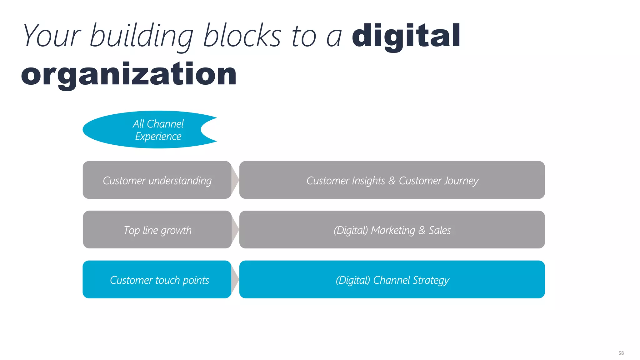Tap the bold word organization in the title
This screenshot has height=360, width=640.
(129, 74)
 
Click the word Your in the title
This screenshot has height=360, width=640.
(52, 36)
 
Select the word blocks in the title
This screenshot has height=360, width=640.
(242, 36)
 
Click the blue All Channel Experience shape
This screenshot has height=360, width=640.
(147, 130)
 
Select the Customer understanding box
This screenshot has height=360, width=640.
(157, 180)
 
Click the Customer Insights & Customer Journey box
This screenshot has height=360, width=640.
(392, 180)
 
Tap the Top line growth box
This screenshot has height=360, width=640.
(157, 230)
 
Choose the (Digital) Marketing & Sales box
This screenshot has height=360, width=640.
(392, 230)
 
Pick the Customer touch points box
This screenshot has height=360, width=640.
(157, 279)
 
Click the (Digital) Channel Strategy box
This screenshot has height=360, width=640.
(392, 279)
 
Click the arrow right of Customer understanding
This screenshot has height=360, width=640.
(235, 180)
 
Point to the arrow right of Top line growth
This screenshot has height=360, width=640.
(235, 230)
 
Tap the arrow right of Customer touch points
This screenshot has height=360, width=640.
(235, 279)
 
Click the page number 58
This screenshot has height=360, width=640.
(621, 353)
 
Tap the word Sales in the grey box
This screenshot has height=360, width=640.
(440, 230)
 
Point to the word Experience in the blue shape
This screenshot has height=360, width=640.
(158, 137)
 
